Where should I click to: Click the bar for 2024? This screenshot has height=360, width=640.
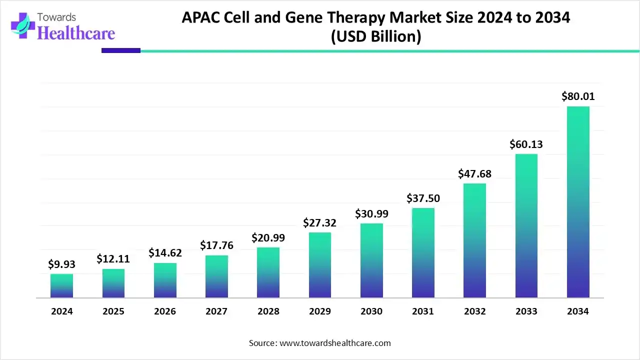(x=61, y=286)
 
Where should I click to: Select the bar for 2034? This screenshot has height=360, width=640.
(x=578, y=202)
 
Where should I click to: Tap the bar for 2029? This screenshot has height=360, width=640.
(x=320, y=265)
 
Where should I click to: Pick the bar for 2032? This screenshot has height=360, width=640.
(x=474, y=240)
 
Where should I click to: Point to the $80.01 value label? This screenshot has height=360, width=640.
(x=578, y=96)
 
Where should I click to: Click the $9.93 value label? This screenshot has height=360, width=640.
(x=61, y=264)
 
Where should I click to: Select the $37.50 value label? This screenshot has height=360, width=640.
(x=423, y=198)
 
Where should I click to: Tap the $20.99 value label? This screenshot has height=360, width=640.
(x=268, y=237)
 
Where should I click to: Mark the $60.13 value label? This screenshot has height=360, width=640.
(x=526, y=144)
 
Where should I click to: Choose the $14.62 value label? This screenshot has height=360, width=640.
(x=165, y=253)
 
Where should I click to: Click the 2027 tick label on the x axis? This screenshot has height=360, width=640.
(x=216, y=311)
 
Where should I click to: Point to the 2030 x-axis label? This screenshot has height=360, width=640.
(x=371, y=311)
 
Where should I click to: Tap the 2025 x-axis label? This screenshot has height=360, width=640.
(x=113, y=311)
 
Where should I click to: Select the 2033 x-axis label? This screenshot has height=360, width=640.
(x=526, y=311)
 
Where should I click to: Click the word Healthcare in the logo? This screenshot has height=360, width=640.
(x=76, y=33)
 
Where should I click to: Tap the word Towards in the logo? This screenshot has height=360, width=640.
(x=56, y=17)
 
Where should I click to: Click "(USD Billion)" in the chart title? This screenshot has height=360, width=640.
(x=375, y=36)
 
